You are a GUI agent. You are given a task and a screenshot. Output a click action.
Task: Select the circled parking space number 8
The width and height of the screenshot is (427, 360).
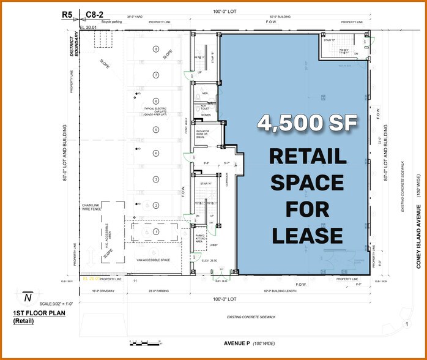point(157,49)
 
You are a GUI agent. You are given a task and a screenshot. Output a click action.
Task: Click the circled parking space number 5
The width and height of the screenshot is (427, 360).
point(157,129)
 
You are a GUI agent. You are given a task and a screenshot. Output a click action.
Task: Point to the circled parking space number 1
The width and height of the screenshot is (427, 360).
point(157,231)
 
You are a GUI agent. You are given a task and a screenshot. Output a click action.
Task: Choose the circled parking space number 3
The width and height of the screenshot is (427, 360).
point(157,179)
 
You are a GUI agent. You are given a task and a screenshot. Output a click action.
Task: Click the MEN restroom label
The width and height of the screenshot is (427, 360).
point(206,94)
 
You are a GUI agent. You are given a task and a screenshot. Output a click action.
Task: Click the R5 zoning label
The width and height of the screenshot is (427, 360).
point(68,13)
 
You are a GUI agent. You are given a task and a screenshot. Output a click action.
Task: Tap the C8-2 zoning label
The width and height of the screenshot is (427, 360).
point(93,13)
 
